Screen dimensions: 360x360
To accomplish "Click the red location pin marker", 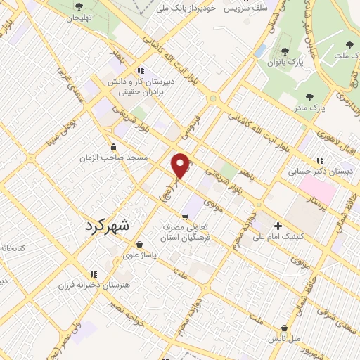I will click(x=181, y=166).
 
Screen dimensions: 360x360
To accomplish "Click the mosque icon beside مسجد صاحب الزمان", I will click(x=113, y=147).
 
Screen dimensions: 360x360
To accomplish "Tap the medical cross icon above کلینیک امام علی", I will click(x=279, y=226).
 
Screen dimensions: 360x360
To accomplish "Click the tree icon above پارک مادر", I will click(x=310, y=97).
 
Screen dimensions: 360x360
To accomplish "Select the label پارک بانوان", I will click(x=285, y=62).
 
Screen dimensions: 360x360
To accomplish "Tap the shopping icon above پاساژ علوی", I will click(x=140, y=244).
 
